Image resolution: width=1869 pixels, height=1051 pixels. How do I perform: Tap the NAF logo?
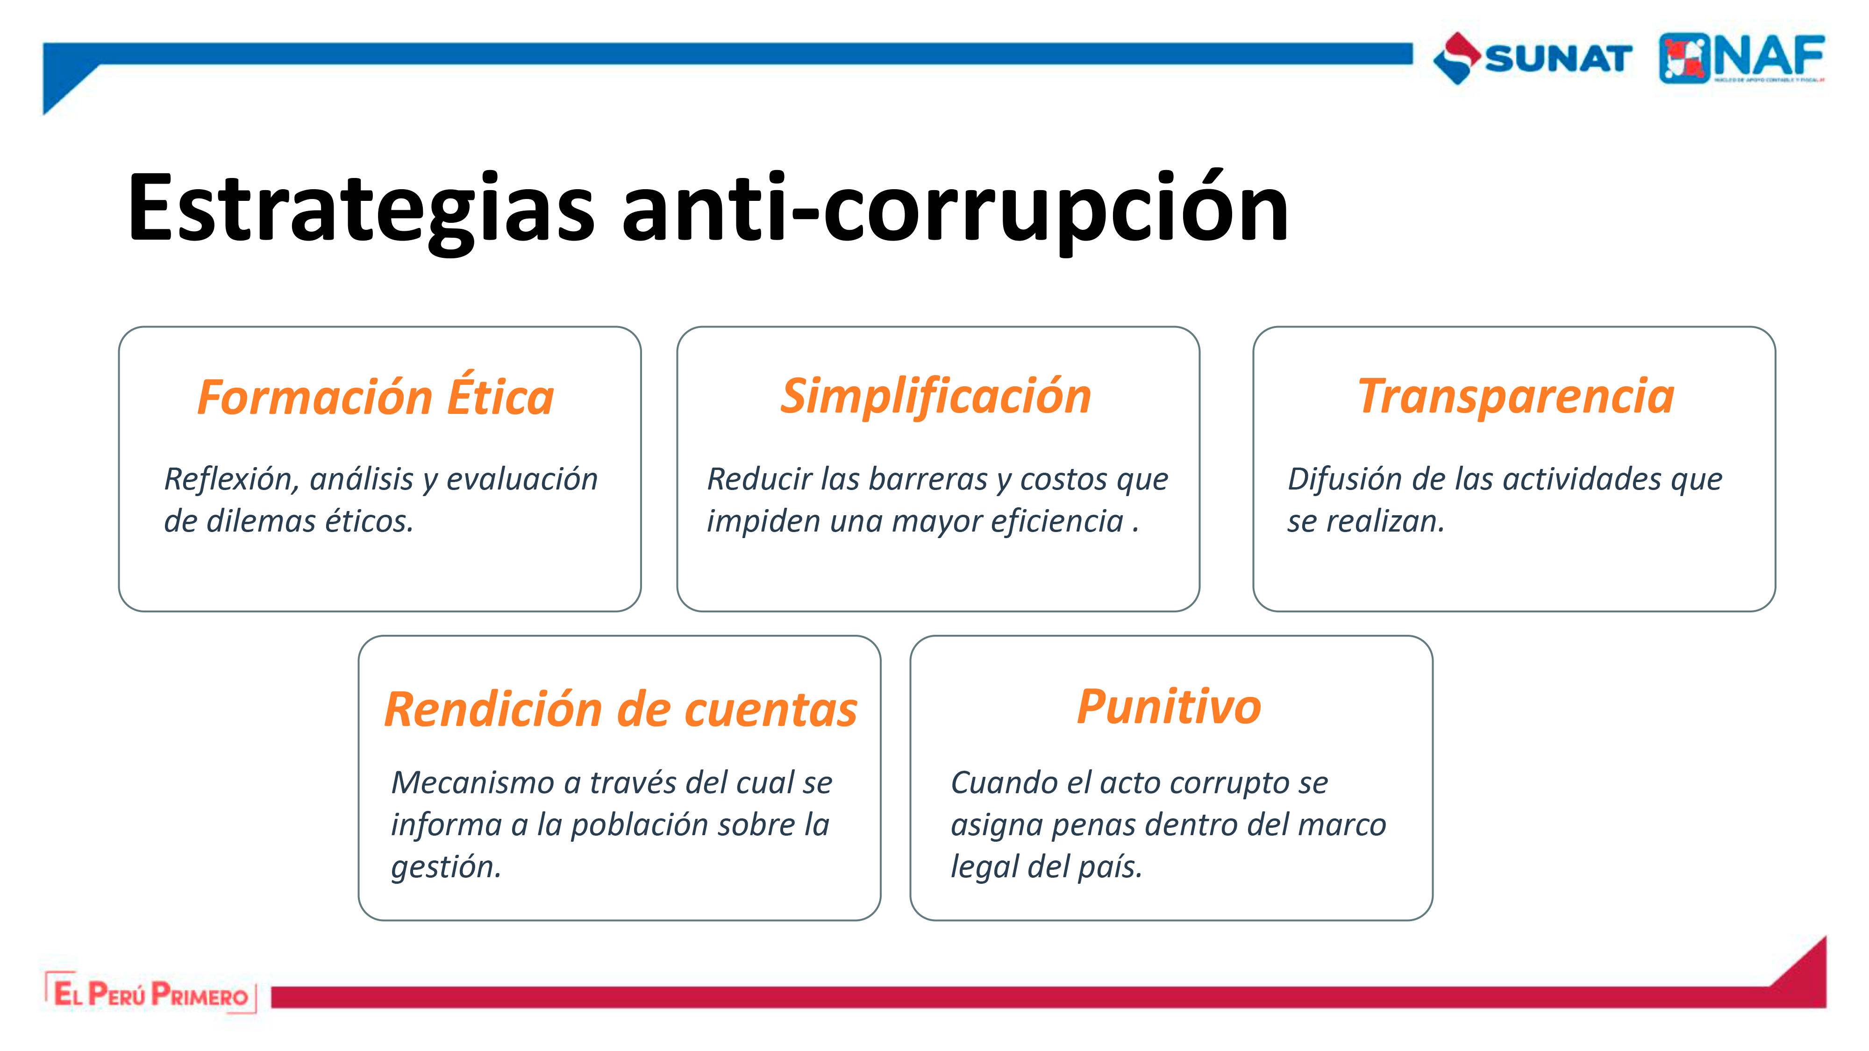click(x=1742, y=58)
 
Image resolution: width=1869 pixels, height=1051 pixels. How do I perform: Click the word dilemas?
click(x=260, y=521)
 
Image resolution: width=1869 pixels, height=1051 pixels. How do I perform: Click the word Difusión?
click(x=1345, y=479)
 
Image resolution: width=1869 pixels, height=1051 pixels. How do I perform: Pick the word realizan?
click(x=1386, y=521)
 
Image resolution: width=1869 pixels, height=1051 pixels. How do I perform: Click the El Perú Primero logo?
click(x=151, y=993)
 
